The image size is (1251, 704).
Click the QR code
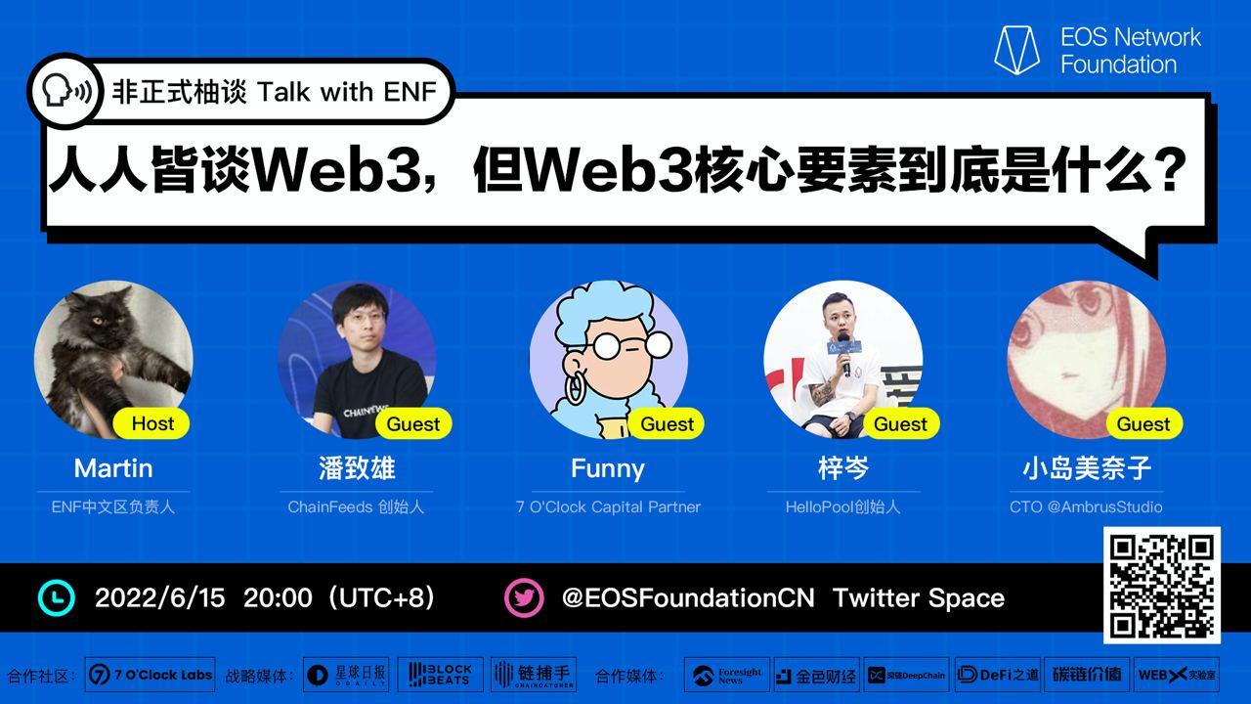coord(1162,585)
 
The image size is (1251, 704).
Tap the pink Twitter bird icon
coord(524,597)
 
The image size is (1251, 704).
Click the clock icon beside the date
coord(57,597)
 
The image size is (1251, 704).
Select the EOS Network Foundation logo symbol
coord(1016,50)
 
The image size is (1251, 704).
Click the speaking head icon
coord(65,92)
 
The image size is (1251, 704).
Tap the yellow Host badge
coord(151,423)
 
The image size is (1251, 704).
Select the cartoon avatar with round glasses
coord(608,359)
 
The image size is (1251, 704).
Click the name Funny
coord(607,468)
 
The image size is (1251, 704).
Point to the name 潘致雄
coord(357,468)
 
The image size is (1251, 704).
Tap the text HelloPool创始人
coord(842,506)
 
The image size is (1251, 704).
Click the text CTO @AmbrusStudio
coord(1086,506)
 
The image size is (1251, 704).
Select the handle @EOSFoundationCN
coord(687,597)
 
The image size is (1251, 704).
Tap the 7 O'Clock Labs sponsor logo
coord(151,675)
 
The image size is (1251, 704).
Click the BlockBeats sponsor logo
coord(440,675)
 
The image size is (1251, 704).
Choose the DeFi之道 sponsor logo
coord(997,675)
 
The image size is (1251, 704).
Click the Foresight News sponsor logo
coord(726,675)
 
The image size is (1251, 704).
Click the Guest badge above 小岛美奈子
coord(1143,423)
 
